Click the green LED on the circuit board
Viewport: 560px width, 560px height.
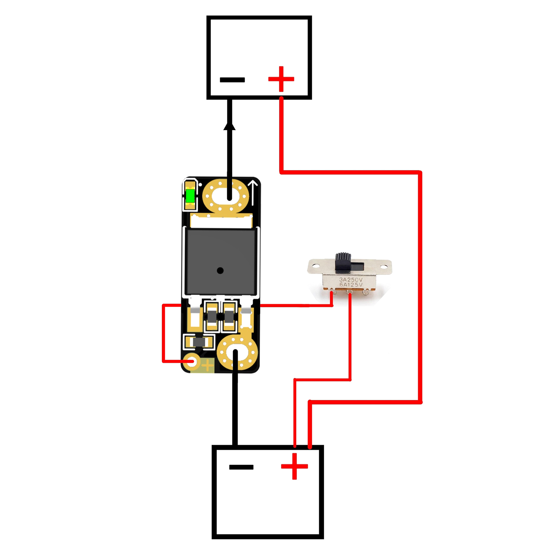click(190, 196)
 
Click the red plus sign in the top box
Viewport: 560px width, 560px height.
click(281, 79)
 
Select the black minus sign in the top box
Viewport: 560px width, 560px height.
click(232, 80)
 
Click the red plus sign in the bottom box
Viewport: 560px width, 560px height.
click(294, 466)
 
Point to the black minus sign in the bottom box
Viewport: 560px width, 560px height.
click(241, 467)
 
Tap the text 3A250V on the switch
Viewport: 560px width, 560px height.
click(351, 280)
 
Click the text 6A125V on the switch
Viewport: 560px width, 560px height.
click(351, 285)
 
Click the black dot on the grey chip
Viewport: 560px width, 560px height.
click(220, 271)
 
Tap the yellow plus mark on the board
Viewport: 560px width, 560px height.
click(208, 366)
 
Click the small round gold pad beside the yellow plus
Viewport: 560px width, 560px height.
click(192, 362)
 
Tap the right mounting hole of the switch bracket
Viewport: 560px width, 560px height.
click(384, 267)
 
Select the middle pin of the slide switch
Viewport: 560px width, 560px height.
click(350, 293)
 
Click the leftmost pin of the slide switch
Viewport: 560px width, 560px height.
click(332, 291)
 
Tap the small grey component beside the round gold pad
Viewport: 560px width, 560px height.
click(198, 342)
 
